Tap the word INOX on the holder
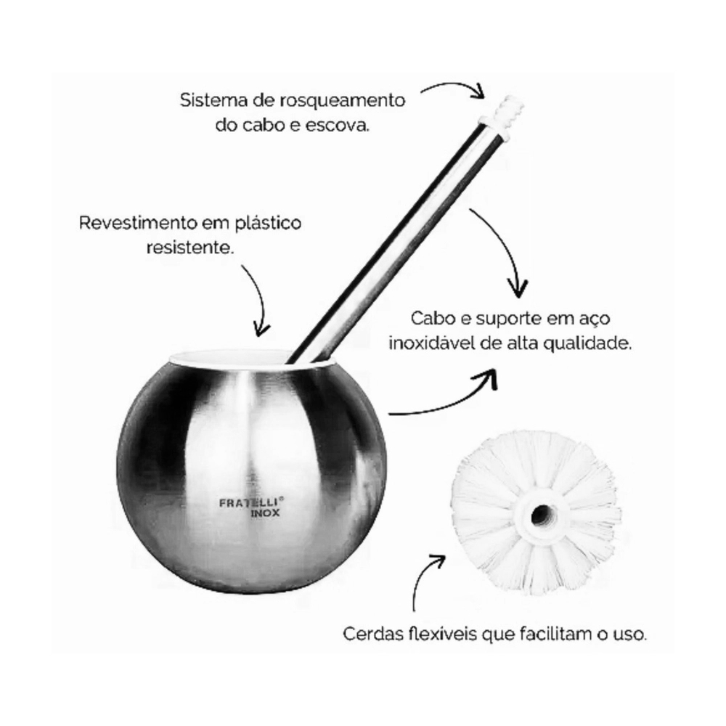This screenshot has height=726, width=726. click(265, 513)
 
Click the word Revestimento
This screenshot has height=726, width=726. click(138, 223)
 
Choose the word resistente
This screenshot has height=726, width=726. click(190, 248)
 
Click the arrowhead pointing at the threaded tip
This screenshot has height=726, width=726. click(476, 91)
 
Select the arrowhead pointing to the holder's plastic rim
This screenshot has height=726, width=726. click(261, 330)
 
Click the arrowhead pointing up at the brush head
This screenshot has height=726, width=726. click(437, 561)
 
